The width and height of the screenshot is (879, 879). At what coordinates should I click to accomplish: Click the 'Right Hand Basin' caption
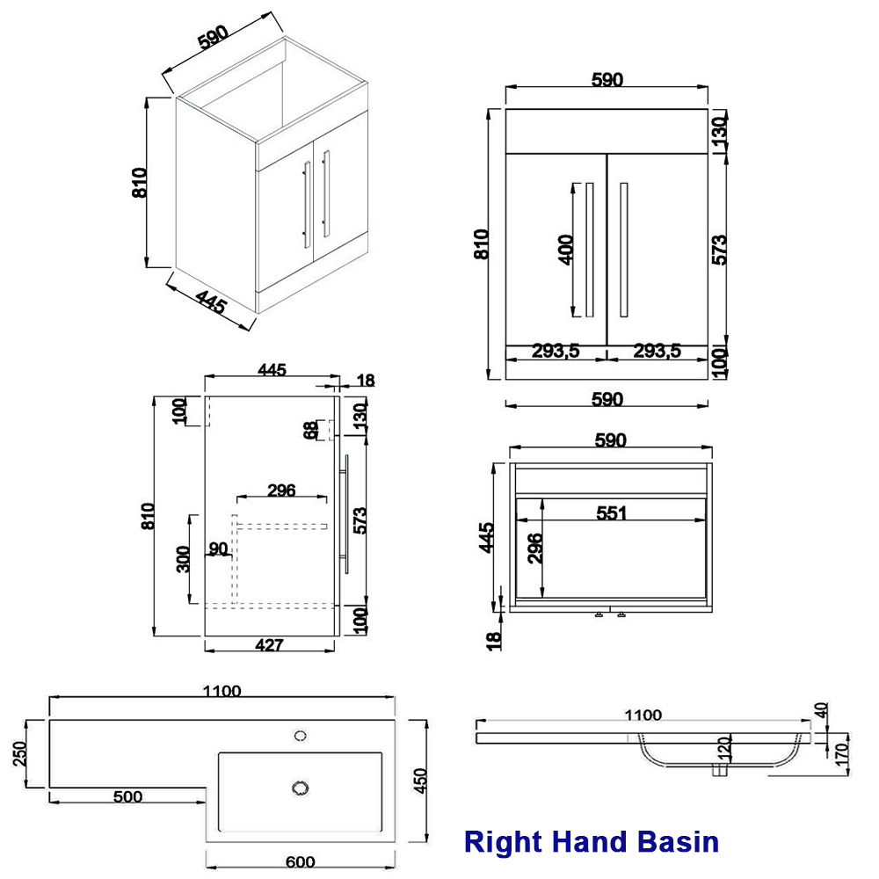[x=592, y=842]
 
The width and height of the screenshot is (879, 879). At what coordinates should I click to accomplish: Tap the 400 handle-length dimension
[x=565, y=249]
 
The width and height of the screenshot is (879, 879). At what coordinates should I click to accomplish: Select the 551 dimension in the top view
[x=611, y=513]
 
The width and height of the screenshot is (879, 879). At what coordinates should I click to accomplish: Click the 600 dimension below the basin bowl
[x=300, y=861]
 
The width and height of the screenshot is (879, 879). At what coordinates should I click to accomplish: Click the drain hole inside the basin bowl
[x=301, y=786]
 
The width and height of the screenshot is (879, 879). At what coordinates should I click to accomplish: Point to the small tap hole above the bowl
[x=300, y=733]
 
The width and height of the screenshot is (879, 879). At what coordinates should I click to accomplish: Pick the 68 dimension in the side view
[x=309, y=430]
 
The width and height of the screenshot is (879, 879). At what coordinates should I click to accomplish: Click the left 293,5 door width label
[x=555, y=351]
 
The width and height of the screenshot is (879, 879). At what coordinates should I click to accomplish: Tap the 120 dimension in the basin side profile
[x=723, y=749]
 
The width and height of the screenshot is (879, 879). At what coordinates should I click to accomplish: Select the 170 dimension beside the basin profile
[x=841, y=752]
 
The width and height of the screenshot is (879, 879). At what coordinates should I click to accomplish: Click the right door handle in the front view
[x=623, y=249]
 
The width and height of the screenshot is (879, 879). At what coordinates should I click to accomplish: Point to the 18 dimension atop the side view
[x=366, y=380]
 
